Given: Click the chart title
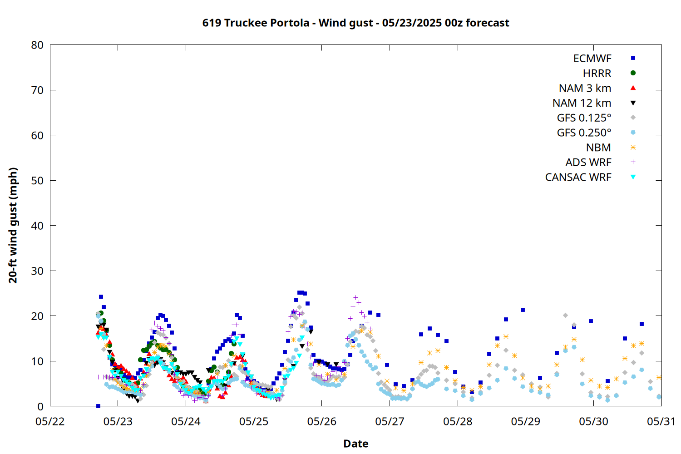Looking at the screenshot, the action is [x=355, y=23].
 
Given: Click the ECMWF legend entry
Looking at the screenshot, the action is [x=592, y=59].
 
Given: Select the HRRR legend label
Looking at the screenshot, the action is [x=597, y=73].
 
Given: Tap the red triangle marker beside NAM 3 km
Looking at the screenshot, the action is [x=633, y=88].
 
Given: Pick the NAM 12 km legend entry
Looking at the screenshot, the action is [x=582, y=103].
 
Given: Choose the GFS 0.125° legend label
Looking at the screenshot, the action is [x=584, y=118].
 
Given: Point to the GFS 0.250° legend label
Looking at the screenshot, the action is [x=584, y=133].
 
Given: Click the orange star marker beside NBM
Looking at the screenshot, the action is [x=633, y=148].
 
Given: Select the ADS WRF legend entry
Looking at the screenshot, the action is [x=588, y=163].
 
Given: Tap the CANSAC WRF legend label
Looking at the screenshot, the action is [x=578, y=177].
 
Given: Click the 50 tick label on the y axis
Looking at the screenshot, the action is [x=37, y=180].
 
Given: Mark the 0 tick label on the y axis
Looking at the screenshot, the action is [x=40, y=406].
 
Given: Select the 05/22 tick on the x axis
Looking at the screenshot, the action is [x=50, y=421].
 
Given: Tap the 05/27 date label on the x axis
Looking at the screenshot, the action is [x=390, y=421].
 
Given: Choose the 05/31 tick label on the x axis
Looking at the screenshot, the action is [x=661, y=421].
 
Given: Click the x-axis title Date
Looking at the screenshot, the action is [x=355, y=444].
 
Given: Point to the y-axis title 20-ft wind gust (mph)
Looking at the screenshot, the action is [x=13, y=225].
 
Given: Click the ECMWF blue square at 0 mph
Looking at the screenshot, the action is [x=98, y=406].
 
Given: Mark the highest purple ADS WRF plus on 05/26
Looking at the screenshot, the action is [x=355, y=297].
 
